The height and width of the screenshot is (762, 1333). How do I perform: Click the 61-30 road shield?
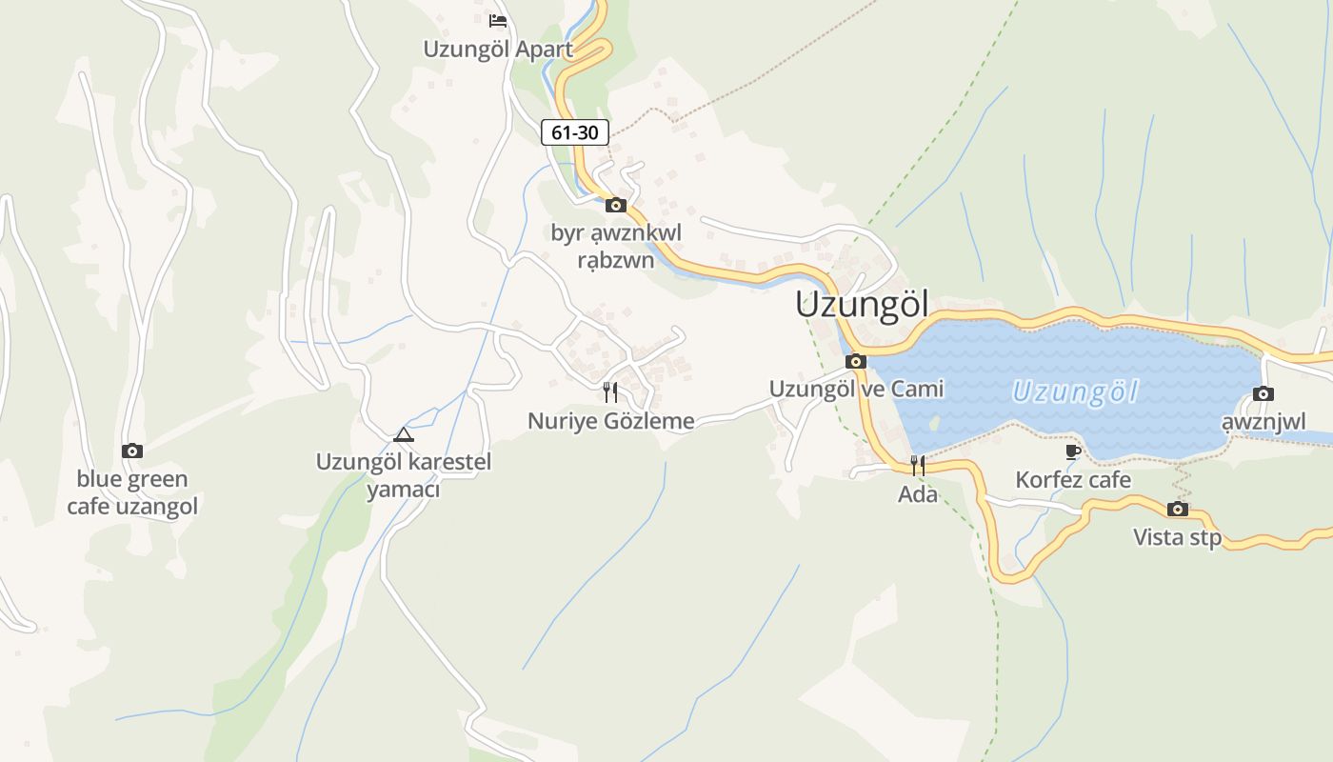click(575, 132)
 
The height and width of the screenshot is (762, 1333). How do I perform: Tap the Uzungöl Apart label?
click(498, 50)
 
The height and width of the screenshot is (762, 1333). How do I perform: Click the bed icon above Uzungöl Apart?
click(497, 20)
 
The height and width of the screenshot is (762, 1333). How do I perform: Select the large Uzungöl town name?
click(862, 305)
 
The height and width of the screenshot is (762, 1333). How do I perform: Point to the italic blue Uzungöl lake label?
click(1075, 391)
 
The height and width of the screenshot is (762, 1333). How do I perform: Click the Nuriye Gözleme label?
click(611, 421)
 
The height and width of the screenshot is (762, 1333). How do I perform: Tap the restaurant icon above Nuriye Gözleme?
click(610, 391)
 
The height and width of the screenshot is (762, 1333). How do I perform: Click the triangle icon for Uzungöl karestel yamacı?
click(404, 435)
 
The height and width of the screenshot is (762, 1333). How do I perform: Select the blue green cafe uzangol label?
click(132, 492)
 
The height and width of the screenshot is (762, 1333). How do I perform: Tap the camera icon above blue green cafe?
click(132, 451)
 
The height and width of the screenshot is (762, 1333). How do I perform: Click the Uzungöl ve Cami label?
click(856, 389)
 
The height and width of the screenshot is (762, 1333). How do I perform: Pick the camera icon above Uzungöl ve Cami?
click(856, 361)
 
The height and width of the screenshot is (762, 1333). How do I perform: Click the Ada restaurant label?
click(918, 494)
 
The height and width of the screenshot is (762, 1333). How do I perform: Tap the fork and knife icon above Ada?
click(918, 466)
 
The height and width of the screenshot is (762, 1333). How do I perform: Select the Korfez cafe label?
click(1073, 479)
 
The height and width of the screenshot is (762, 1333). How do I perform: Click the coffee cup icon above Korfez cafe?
click(1073, 451)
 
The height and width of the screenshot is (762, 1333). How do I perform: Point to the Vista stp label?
click(1177, 537)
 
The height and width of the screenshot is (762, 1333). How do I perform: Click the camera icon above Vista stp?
click(1178, 509)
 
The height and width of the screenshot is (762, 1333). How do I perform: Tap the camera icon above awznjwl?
click(1263, 393)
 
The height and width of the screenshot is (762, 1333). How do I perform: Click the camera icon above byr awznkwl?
click(616, 204)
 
